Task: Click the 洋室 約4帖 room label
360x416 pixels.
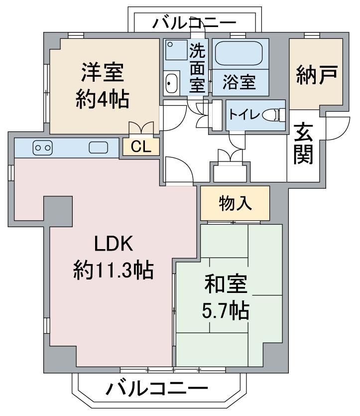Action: (x=103, y=85)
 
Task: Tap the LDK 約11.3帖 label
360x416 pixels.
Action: (x=114, y=257)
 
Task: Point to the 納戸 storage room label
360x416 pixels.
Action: (x=317, y=75)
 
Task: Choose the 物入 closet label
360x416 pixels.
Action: (x=235, y=203)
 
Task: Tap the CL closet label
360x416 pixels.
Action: (x=141, y=146)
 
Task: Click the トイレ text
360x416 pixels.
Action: (x=244, y=115)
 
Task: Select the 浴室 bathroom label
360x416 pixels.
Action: (x=239, y=82)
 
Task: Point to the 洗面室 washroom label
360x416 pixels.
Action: (x=198, y=68)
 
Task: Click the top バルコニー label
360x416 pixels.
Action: (x=194, y=23)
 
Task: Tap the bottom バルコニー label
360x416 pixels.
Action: (x=157, y=389)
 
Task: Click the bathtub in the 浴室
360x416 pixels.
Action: (x=239, y=53)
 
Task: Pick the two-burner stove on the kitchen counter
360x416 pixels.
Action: (x=43, y=147)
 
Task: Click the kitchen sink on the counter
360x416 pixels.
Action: (x=99, y=147)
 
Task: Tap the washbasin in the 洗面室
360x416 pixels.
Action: (x=171, y=83)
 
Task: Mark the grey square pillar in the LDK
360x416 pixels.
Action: (x=58, y=211)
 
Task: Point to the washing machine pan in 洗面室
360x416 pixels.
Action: (x=177, y=50)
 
